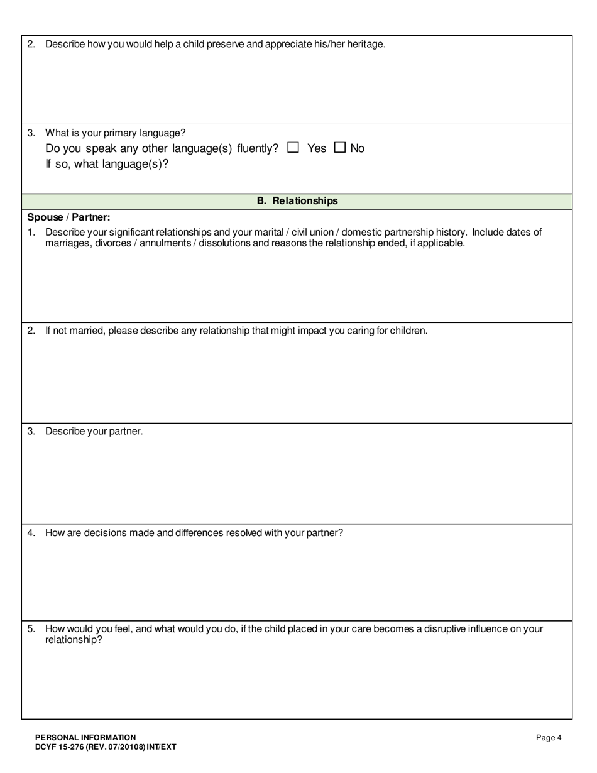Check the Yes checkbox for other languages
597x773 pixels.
(x=293, y=148)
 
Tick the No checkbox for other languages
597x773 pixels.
(x=340, y=148)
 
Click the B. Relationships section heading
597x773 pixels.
(x=297, y=201)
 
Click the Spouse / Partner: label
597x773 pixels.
(x=68, y=217)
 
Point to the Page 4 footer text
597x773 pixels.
(x=548, y=738)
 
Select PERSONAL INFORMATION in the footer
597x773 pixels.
(x=85, y=738)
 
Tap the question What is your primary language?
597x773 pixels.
(x=115, y=133)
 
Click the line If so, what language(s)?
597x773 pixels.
(x=107, y=164)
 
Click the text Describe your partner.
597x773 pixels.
(x=94, y=432)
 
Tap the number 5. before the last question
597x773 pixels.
(x=31, y=629)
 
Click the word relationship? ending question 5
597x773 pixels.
(x=74, y=640)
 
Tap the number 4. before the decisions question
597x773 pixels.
(x=31, y=533)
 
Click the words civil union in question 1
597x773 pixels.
(x=304, y=233)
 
